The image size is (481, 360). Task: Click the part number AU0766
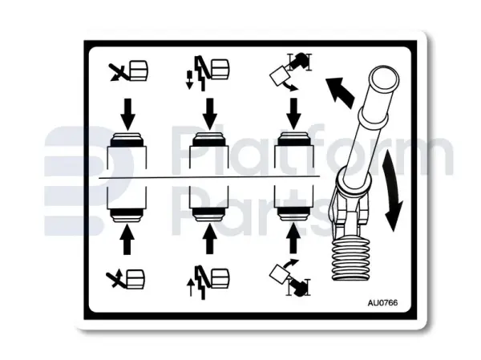click(382, 303)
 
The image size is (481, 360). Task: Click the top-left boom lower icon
click(128, 71)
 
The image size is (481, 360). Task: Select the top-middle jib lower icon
click(208, 73)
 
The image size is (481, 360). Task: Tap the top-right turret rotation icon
click(290, 72)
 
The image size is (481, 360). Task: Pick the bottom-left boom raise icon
click(125, 279)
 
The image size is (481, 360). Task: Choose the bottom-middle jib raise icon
click(208, 281)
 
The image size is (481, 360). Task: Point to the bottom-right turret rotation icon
click(290, 277)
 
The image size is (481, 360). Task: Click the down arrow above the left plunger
click(127, 114)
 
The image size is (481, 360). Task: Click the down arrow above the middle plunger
click(210, 114)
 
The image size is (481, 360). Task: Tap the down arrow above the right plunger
click(293, 114)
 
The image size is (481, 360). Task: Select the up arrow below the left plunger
click(127, 239)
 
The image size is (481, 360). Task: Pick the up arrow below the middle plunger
click(209, 239)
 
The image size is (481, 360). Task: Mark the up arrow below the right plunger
click(293, 238)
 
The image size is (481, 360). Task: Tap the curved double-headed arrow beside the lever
click(392, 190)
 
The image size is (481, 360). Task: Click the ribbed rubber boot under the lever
click(351, 258)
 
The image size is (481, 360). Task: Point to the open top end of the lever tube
click(384, 79)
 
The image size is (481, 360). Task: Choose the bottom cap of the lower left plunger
click(127, 215)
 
